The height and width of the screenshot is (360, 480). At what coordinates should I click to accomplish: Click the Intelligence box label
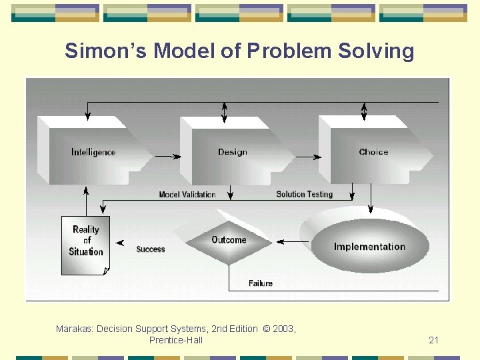pos(93,153)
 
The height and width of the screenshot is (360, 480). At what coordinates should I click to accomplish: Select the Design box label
pos(232,152)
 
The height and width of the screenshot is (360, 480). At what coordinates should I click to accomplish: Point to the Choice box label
pos(373,152)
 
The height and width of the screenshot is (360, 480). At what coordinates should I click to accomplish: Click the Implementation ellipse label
pos(369,247)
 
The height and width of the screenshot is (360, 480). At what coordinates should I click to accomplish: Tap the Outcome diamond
pos(229,240)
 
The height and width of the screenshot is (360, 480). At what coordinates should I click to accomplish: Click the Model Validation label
pos(187,195)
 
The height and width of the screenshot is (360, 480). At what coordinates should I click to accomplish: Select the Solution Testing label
pos(304,194)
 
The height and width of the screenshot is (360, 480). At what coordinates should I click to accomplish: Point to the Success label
pos(151,249)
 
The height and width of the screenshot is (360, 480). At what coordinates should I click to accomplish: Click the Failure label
pos(261,283)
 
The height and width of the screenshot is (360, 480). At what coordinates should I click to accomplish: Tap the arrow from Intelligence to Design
pos(169,157)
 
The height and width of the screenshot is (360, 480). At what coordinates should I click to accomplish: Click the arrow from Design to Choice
pos(307,157)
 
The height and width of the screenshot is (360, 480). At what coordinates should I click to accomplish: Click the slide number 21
pos(433,341)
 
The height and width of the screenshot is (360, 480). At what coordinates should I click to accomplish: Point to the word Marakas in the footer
pos(74,329)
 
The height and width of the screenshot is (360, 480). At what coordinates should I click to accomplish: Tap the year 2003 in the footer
pos(283,329)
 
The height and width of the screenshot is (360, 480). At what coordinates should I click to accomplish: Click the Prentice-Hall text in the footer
pos(176,341)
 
